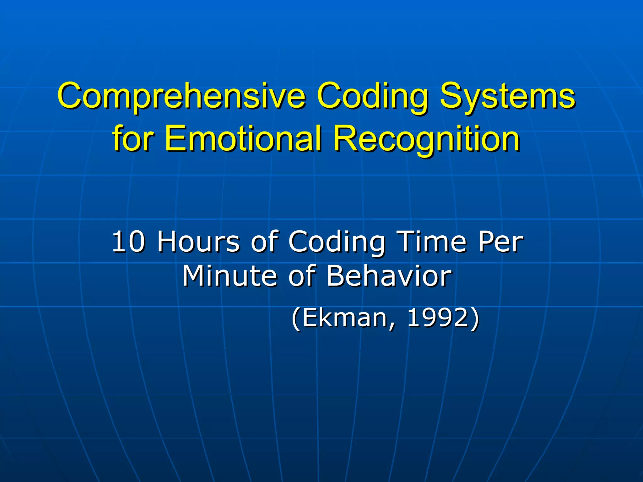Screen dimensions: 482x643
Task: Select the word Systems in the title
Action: [507, 96]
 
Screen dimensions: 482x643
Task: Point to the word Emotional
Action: [243, 138]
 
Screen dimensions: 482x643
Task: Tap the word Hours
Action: [198, 242]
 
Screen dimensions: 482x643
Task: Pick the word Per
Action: [500, 242]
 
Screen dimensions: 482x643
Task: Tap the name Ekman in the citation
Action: [345, 318]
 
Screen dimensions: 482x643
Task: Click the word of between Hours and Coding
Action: [264, 242]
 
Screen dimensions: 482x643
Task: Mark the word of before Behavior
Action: [301, 276]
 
